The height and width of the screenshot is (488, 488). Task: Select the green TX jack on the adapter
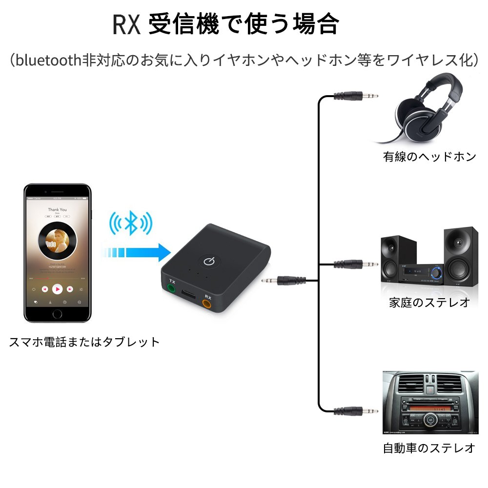click(172, 289)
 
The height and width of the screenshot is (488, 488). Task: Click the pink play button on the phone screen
click(58, 289)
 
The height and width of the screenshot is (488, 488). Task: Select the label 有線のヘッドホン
click(429, 157)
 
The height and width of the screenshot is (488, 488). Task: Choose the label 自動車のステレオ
click(429, 448)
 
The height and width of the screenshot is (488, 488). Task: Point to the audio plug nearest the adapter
click(283, 281)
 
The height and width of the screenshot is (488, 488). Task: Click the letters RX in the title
click(126, 24)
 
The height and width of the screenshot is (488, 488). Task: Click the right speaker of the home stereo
click(460, 258)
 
